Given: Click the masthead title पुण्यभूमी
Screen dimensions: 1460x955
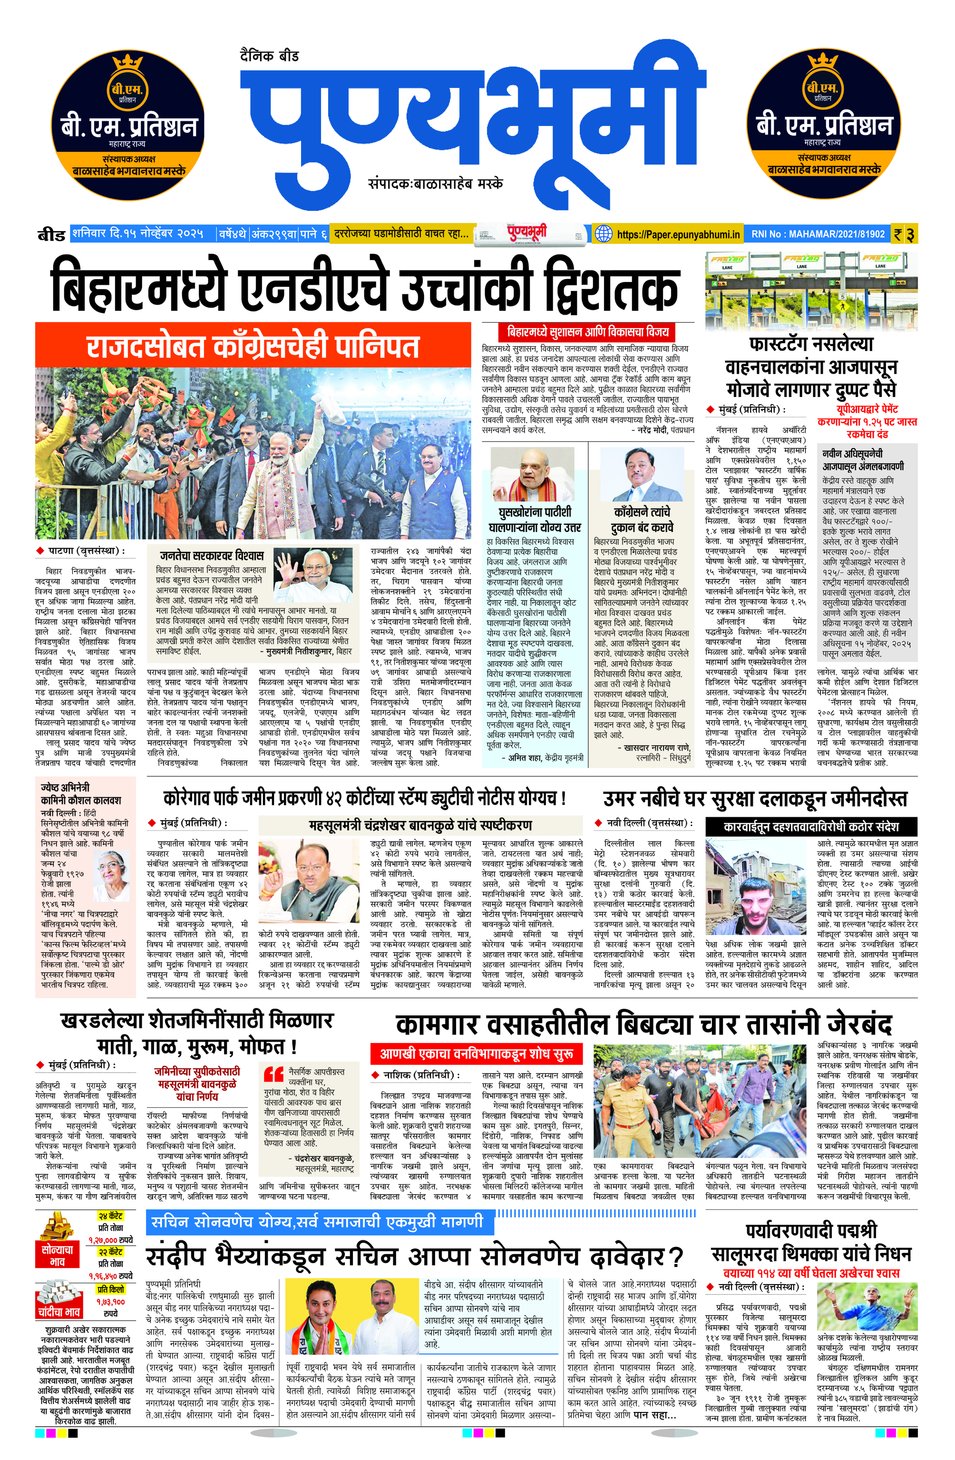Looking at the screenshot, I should [473, 116].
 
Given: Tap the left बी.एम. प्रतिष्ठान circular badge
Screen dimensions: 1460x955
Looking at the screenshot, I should [127, 126].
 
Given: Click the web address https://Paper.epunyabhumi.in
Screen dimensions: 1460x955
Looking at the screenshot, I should [678, 234].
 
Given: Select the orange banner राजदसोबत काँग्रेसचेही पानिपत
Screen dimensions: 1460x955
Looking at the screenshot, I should [253, 347].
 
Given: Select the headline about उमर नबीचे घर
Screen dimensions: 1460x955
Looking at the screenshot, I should [754, 799].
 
